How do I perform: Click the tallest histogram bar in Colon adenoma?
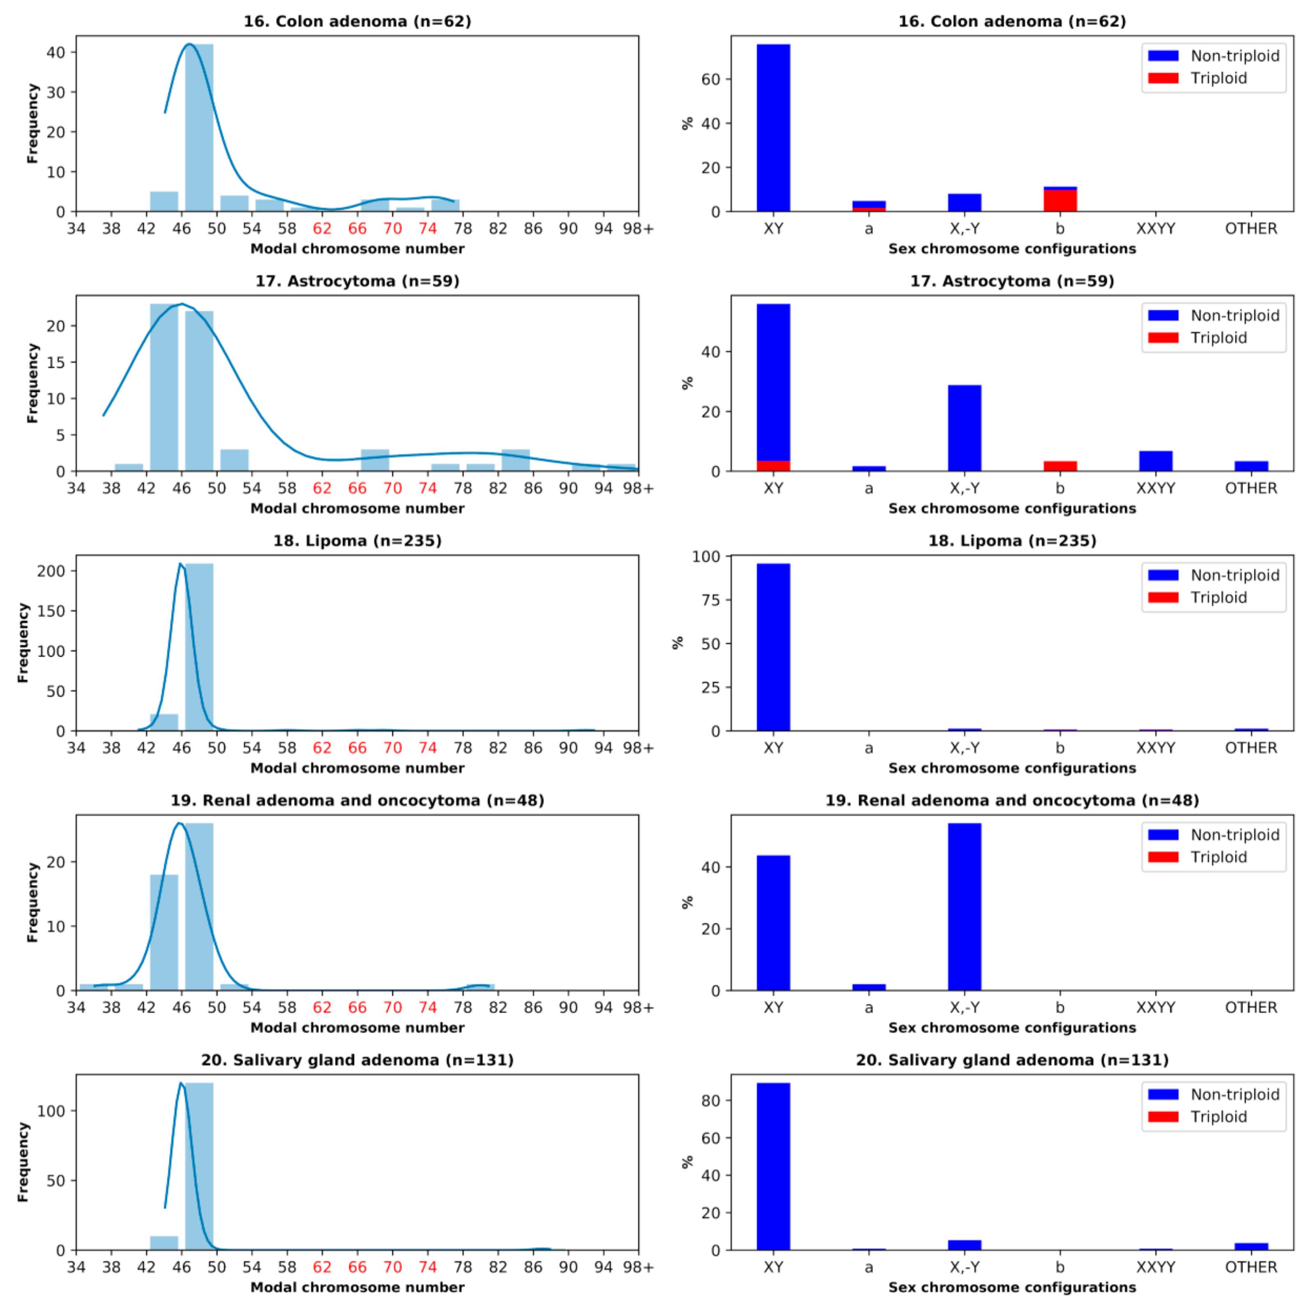tap(199, 129)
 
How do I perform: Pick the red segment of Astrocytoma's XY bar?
tap(773, 466)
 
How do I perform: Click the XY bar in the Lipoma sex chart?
tap(773, 647)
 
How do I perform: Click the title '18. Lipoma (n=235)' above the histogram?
tap(357, 541)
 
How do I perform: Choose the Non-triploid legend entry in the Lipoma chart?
tap(1234, 575)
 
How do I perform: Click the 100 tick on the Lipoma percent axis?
tap(706, 556)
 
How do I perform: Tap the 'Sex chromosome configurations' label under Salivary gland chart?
tap(1012, 1287)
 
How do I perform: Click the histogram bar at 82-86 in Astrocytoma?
tap(515, 460)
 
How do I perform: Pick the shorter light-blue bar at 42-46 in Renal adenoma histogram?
tap(164, 932)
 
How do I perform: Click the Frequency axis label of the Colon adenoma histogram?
tap(32, 123)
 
